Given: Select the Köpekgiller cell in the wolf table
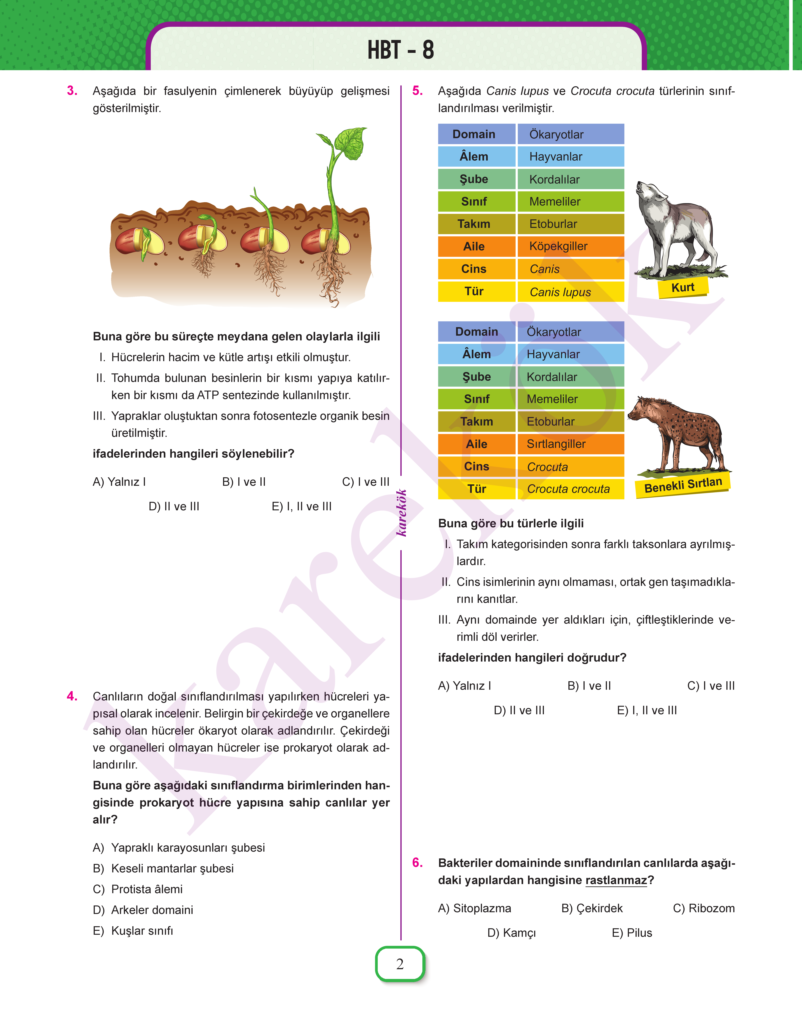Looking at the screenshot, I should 570,246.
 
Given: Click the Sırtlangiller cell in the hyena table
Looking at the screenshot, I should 570,444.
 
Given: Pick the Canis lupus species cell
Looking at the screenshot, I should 570,292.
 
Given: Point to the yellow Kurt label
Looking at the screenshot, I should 683,287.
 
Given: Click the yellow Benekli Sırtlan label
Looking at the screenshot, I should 683,485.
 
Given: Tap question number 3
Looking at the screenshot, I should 72,91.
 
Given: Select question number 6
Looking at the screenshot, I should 418,863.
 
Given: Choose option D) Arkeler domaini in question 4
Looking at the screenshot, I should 143,910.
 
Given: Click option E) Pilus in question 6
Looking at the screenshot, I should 632,933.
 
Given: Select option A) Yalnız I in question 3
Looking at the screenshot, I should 119,482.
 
